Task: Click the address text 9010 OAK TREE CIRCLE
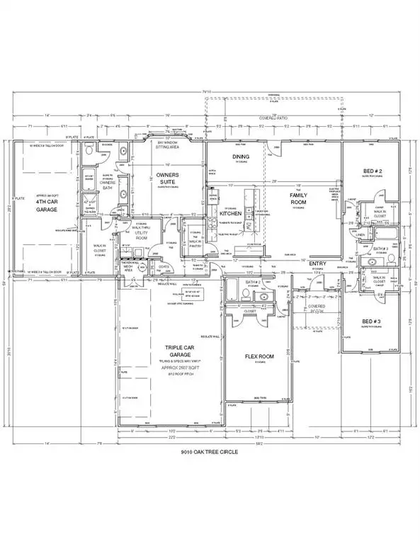210,451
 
